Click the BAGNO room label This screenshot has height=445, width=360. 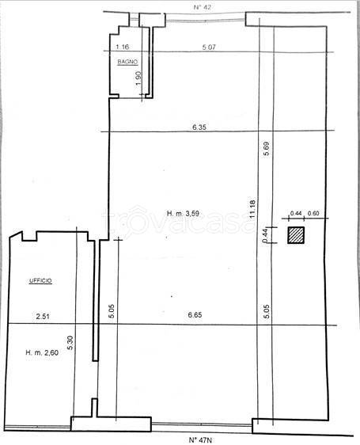(127, 62)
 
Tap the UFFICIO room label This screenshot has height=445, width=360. (40, 280)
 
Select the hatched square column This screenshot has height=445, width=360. (296, 235)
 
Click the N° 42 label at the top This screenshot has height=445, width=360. (203, 7)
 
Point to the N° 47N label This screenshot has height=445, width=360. (200, 440)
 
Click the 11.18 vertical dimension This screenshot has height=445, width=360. (252, 208)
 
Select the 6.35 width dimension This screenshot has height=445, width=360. (199, 127)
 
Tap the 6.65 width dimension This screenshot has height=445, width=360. (195, 314)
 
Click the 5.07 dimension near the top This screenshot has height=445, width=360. (209, 47)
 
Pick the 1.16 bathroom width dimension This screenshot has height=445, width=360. (123, 47)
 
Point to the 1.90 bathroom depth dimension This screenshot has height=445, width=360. (138, 78)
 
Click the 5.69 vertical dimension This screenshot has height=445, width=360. (267, 148)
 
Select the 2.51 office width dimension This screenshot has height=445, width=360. (43, 316)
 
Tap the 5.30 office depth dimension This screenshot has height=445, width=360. (70, 343)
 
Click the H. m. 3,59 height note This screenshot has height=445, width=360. (183, 214)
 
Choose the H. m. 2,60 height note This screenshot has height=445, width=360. (42, 353)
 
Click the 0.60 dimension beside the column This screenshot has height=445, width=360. (313, 213)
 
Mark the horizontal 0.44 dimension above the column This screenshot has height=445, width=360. (296, 213)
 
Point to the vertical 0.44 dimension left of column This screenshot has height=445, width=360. (265, 235)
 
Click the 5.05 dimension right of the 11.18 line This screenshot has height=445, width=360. (267, 311)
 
